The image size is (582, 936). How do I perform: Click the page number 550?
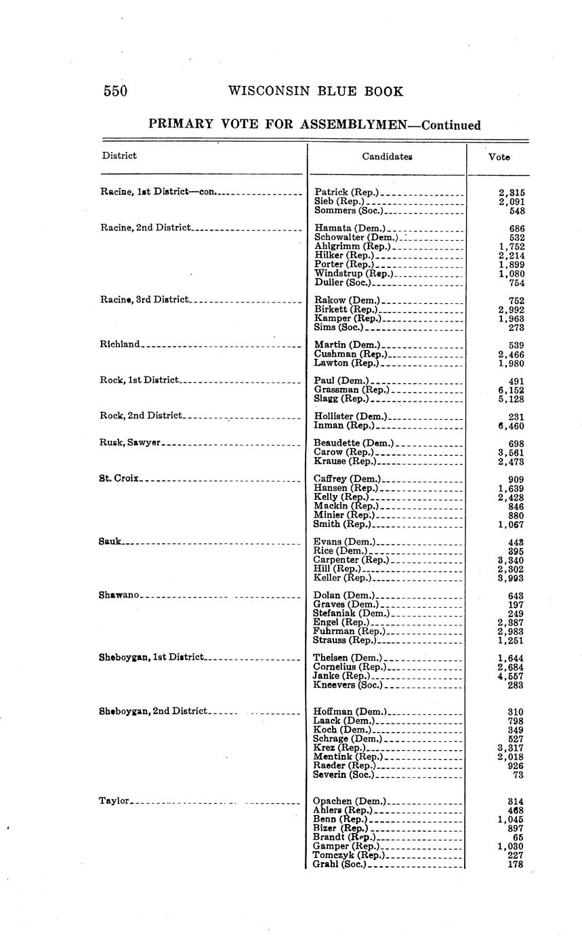[x=115, y=92]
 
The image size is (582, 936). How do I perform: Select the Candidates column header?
[x=387, y=157]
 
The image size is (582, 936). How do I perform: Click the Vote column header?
[x=499, y=157]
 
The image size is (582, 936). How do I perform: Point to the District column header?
[x=119, y=155]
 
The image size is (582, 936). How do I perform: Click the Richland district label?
[x=120, y=344]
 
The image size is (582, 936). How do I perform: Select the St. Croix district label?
[x=119, y=478]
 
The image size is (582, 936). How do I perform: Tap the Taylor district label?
[x=114, y=801]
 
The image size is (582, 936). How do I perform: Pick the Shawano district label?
[x=119, y=595]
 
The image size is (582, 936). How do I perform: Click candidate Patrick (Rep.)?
[x=346, y=193]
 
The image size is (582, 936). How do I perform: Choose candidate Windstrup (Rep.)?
[x=353, y=273]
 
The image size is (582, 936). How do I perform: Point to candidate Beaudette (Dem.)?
[x=354, y=443]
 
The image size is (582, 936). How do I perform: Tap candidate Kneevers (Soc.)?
[x=348, y=685]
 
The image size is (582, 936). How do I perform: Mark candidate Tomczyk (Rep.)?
[x=348, y=855]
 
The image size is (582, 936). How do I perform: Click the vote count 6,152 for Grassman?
[x=511, y=390]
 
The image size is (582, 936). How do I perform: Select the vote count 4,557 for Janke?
[x=511, y=676]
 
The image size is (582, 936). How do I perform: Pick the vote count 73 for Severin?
[x=518, y=775]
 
